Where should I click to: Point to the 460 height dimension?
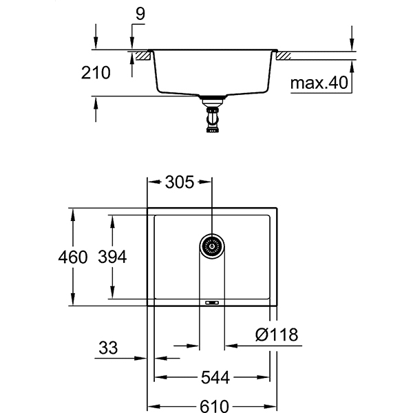tap(74, 257)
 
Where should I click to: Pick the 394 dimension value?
tap(112, 257)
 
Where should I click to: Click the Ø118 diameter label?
tap(276, 335)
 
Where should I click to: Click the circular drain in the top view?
tap(212, 245)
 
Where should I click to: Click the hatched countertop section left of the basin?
tap(143, 54)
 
